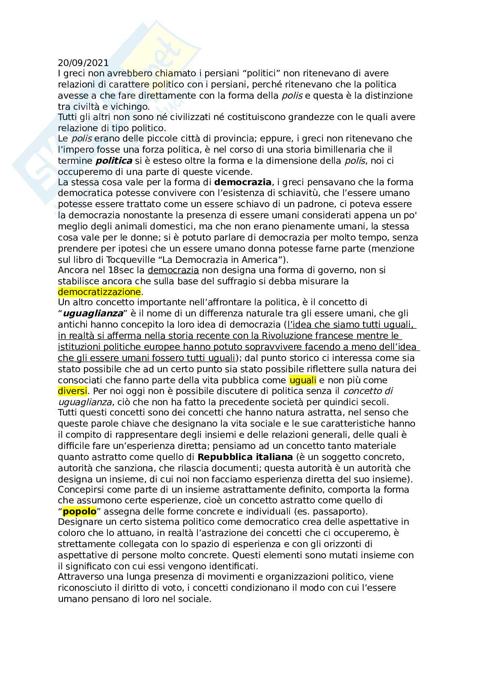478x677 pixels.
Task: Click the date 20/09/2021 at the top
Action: pyautogui.click(x=83, y=63)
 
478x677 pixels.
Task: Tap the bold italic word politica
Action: pyautogui.click(x=114, y=161)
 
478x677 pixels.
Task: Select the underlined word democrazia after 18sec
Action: pyautogui.click(x=173, y=271)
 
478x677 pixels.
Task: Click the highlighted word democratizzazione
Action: pyautogui.click(x=99, y=292)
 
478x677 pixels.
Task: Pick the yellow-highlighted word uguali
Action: pyautogui.click(x=303, y=380)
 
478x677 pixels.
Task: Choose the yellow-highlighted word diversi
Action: pyautogui.click(x=72, y=391)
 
